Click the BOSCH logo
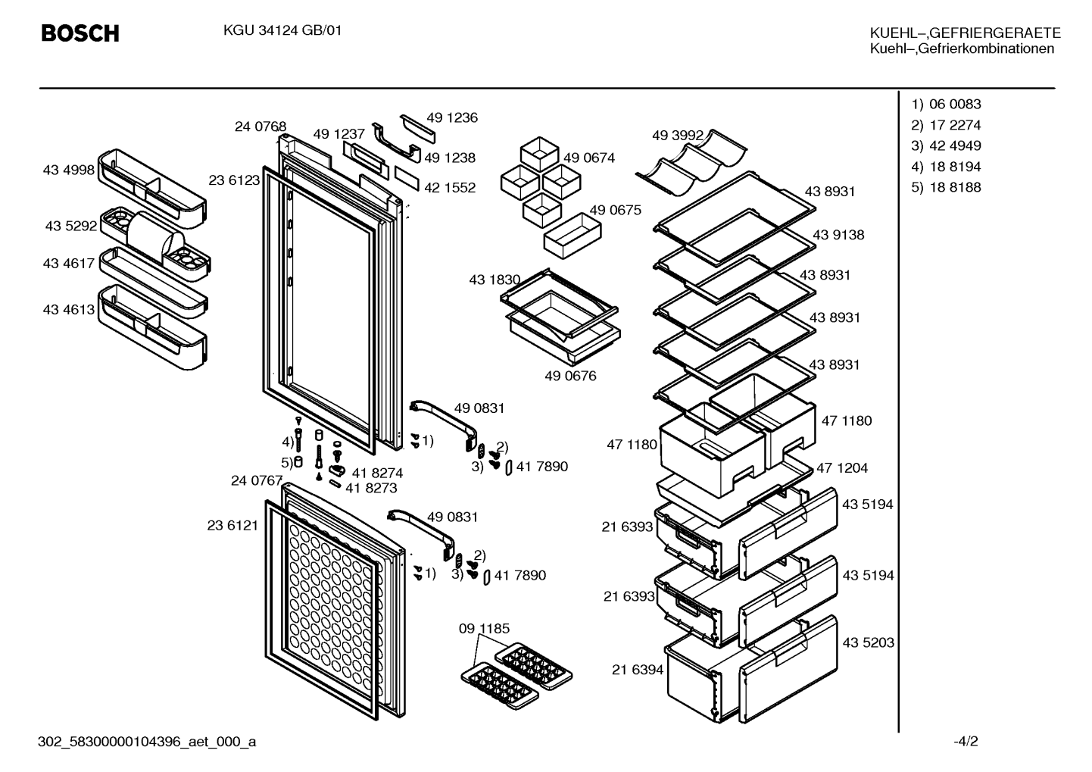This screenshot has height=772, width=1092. click(x=80, y=33)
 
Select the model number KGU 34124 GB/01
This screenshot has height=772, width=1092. click(x=282, y=30)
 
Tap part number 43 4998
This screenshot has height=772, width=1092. click(x=69, y=170)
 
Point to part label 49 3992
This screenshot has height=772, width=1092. click(x=678, y=135)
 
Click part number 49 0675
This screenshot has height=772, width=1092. click(x=615, y=210)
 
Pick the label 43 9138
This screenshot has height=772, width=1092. click(x=838, y=235)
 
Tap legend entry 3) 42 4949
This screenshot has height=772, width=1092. click(x=947, y=145)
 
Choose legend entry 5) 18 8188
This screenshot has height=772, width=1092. click(x=946, y=187)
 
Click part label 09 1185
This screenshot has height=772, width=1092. click(x=484, y=628)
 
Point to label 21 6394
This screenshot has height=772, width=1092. click(x=638, y=670)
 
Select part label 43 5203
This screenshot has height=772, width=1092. click(x=869, y=642)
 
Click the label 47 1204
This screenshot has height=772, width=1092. click(x=842, y=467)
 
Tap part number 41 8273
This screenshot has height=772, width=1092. click(x=372, y=488)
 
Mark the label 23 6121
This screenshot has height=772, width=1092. click(x=232, y=525)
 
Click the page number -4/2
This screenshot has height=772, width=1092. click(x=966, y=741)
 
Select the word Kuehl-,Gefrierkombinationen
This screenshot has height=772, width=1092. click(x=962, y=48)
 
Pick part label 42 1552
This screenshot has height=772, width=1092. click(x=450, y=187)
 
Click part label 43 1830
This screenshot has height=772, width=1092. click(x=495, y=280)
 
